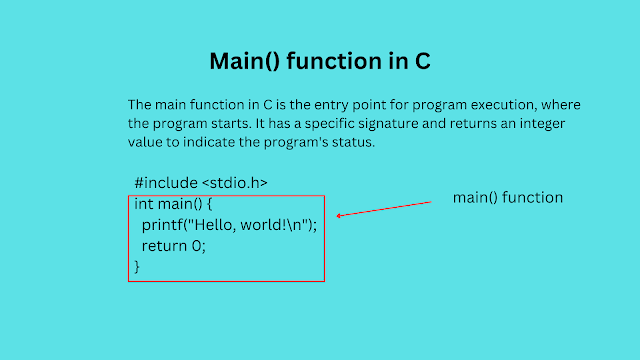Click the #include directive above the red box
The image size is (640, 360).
(164, 183)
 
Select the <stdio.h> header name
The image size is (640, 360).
(235, 183)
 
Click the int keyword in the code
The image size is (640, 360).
(144, 204)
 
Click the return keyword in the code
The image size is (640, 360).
(164, 246)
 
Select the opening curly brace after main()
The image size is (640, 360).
(210, 204)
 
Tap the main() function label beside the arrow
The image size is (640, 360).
(508, 198)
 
